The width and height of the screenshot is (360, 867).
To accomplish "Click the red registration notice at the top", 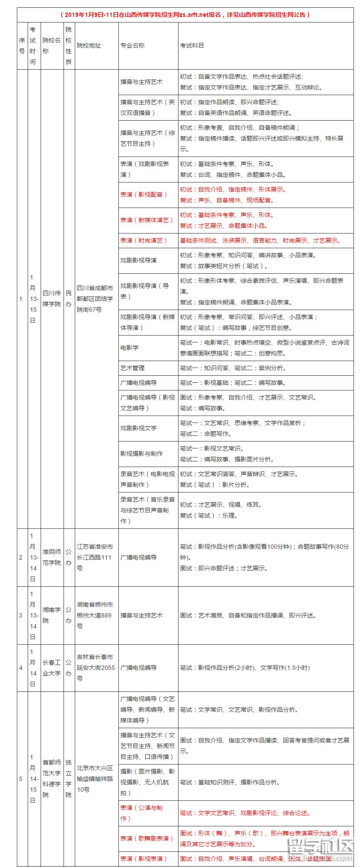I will point(185,15).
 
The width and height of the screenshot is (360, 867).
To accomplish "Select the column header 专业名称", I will point(133,45).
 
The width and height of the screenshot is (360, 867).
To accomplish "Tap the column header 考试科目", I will point(192,45).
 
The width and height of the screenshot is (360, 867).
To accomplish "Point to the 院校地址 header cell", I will point(89,45).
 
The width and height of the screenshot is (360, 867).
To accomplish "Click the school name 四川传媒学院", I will point(52,298).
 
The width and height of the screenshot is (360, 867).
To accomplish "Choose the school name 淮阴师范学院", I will point(52,557).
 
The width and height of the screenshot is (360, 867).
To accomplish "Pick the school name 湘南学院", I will point(52,615).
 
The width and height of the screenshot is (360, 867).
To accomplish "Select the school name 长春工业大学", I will point(52,668).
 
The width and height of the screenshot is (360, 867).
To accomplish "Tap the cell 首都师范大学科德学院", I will point(52,778).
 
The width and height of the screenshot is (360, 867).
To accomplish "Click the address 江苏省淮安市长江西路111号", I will point(95,557).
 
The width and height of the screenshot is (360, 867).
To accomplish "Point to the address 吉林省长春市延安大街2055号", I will point(95,668).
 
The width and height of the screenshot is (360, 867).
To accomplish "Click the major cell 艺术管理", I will point(133,368).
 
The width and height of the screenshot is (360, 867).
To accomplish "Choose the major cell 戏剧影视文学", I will point(139,428).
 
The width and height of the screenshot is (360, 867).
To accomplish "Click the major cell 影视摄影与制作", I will point(142,454).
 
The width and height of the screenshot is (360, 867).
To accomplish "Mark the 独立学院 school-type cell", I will point(69,778).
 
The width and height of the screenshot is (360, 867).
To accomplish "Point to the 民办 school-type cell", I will point(69,298).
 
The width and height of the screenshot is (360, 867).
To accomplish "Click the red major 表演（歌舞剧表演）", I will point(147,838).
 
